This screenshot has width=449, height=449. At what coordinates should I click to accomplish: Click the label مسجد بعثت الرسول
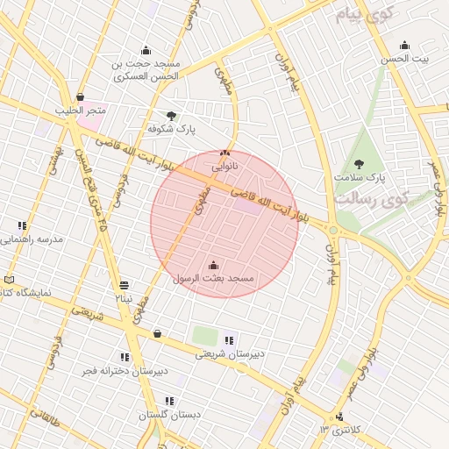(x=214, y=278)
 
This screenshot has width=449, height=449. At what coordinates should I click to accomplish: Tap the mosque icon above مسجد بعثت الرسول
(x=214, y=265)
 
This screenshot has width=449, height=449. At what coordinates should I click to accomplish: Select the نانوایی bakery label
(x=224, y=165)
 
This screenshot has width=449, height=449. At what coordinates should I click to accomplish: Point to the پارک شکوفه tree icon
(x=171, y=115)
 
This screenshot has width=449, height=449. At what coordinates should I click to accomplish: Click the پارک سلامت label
(x=360, y=177)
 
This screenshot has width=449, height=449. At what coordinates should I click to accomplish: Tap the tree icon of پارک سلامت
(x=359, y=163)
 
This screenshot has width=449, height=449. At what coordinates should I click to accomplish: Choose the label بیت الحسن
(x=405, y=59)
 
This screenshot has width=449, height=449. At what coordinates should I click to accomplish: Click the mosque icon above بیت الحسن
(x=404, y=46)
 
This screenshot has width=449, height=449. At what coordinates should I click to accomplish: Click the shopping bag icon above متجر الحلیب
(x=81, y=97)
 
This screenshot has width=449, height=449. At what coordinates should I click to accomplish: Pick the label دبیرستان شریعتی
(x=227, y=354)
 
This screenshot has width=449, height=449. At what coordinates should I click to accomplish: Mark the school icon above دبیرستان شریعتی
(x=229, y=341)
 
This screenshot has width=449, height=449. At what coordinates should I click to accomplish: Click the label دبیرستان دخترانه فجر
(x=125, y=371)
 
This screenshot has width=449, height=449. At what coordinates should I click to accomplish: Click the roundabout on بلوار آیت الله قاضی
(x=332, y=231)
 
